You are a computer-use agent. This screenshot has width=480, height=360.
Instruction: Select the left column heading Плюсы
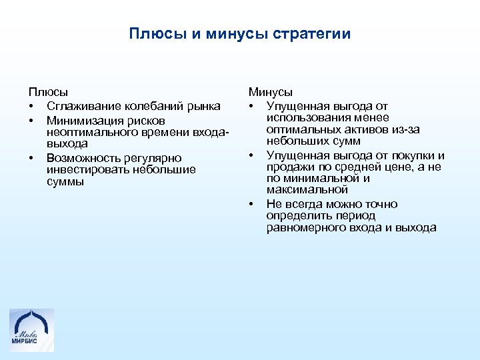coord(47,93)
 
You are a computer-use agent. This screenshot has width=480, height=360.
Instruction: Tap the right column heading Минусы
coord(271,93)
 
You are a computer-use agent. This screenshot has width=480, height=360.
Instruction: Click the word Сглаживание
coord(82,107)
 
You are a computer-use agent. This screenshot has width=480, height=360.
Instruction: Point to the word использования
coord(303,118)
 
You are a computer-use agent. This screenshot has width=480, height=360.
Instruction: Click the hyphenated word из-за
coord(405,129)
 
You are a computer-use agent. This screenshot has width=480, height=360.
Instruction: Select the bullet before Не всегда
coord(253,204)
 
